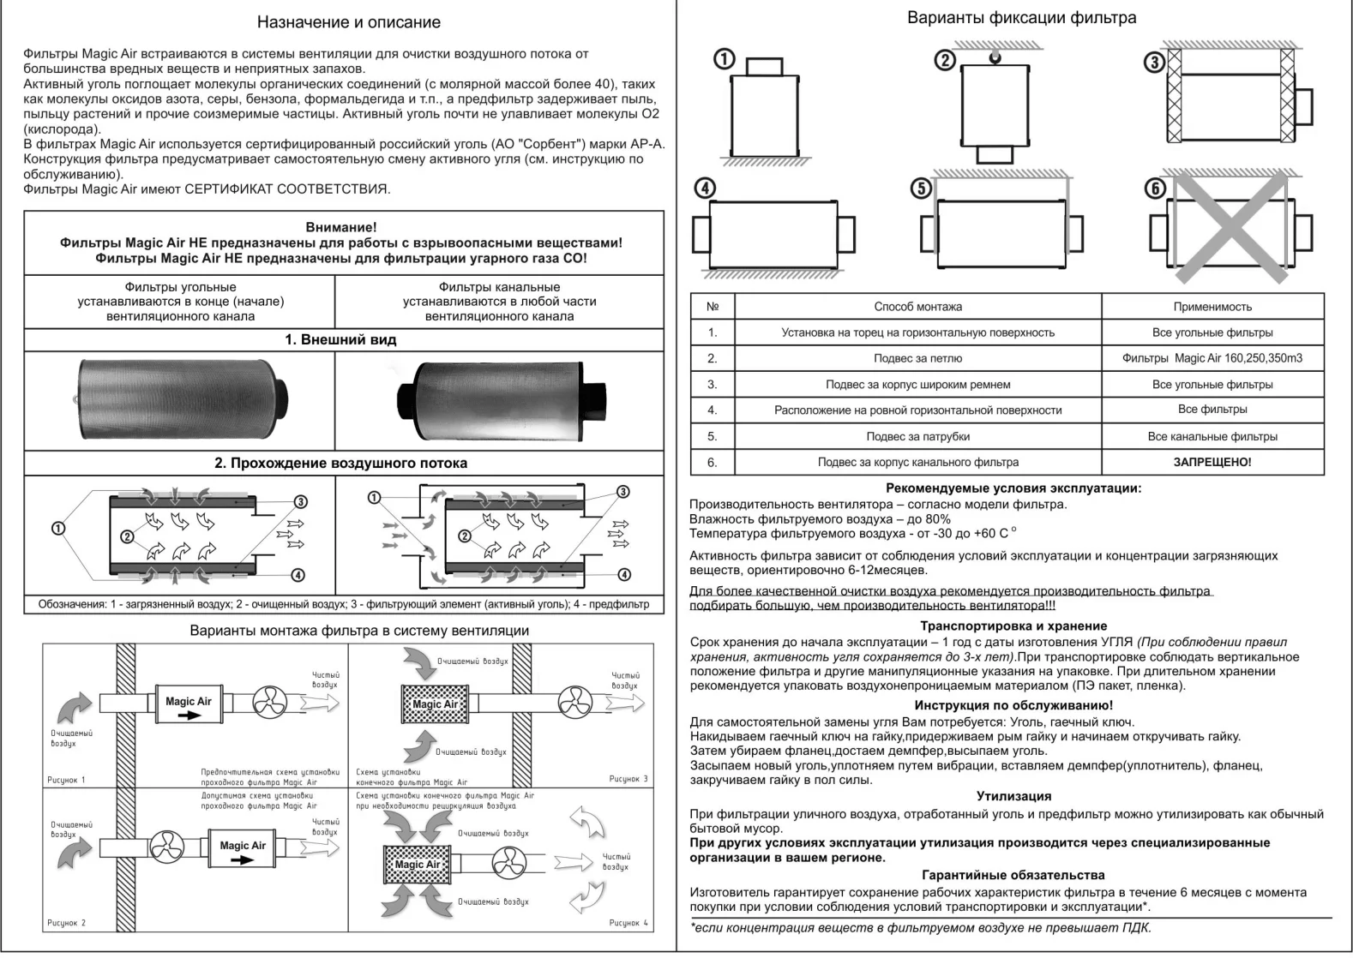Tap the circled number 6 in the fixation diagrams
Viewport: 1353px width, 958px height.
pyautogui.click(x=1156, y=189)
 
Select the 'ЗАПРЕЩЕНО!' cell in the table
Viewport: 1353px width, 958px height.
pyautogui.click(x=1212, y=462)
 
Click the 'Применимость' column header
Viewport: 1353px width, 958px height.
pyautogui.click(x=1212, y=307)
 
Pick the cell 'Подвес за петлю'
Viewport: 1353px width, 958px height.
pyautogui.click(x=917, y=358)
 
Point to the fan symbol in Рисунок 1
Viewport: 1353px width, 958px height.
pyautogui.click(x=273, y=703)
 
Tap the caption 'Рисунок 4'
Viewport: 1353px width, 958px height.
pyautogui.click(x=628, y=923)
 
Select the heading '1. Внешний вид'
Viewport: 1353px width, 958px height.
pyautogui.click(x=340, y=339)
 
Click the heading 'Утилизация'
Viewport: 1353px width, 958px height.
pyautogui.click(x=1013, y=796)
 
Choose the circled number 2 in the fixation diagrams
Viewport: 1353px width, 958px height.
pyautogui.click(x=944, y=60)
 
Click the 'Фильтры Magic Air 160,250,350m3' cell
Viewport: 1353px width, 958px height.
pyautogui.click(x=1212, y=358)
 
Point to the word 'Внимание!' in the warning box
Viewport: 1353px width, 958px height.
pyautogui.click(x=340, y=227)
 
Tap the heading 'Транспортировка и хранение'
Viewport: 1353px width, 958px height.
pyautogui.click(x=1013, y=626)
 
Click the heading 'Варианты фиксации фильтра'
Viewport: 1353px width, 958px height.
pyautogui.click(x=1021, y=18)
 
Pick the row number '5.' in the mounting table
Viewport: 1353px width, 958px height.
pyautogui.click(x=712, y=436)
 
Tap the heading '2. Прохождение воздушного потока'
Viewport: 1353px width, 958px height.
pyautogui.click(x=340, y=463)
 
